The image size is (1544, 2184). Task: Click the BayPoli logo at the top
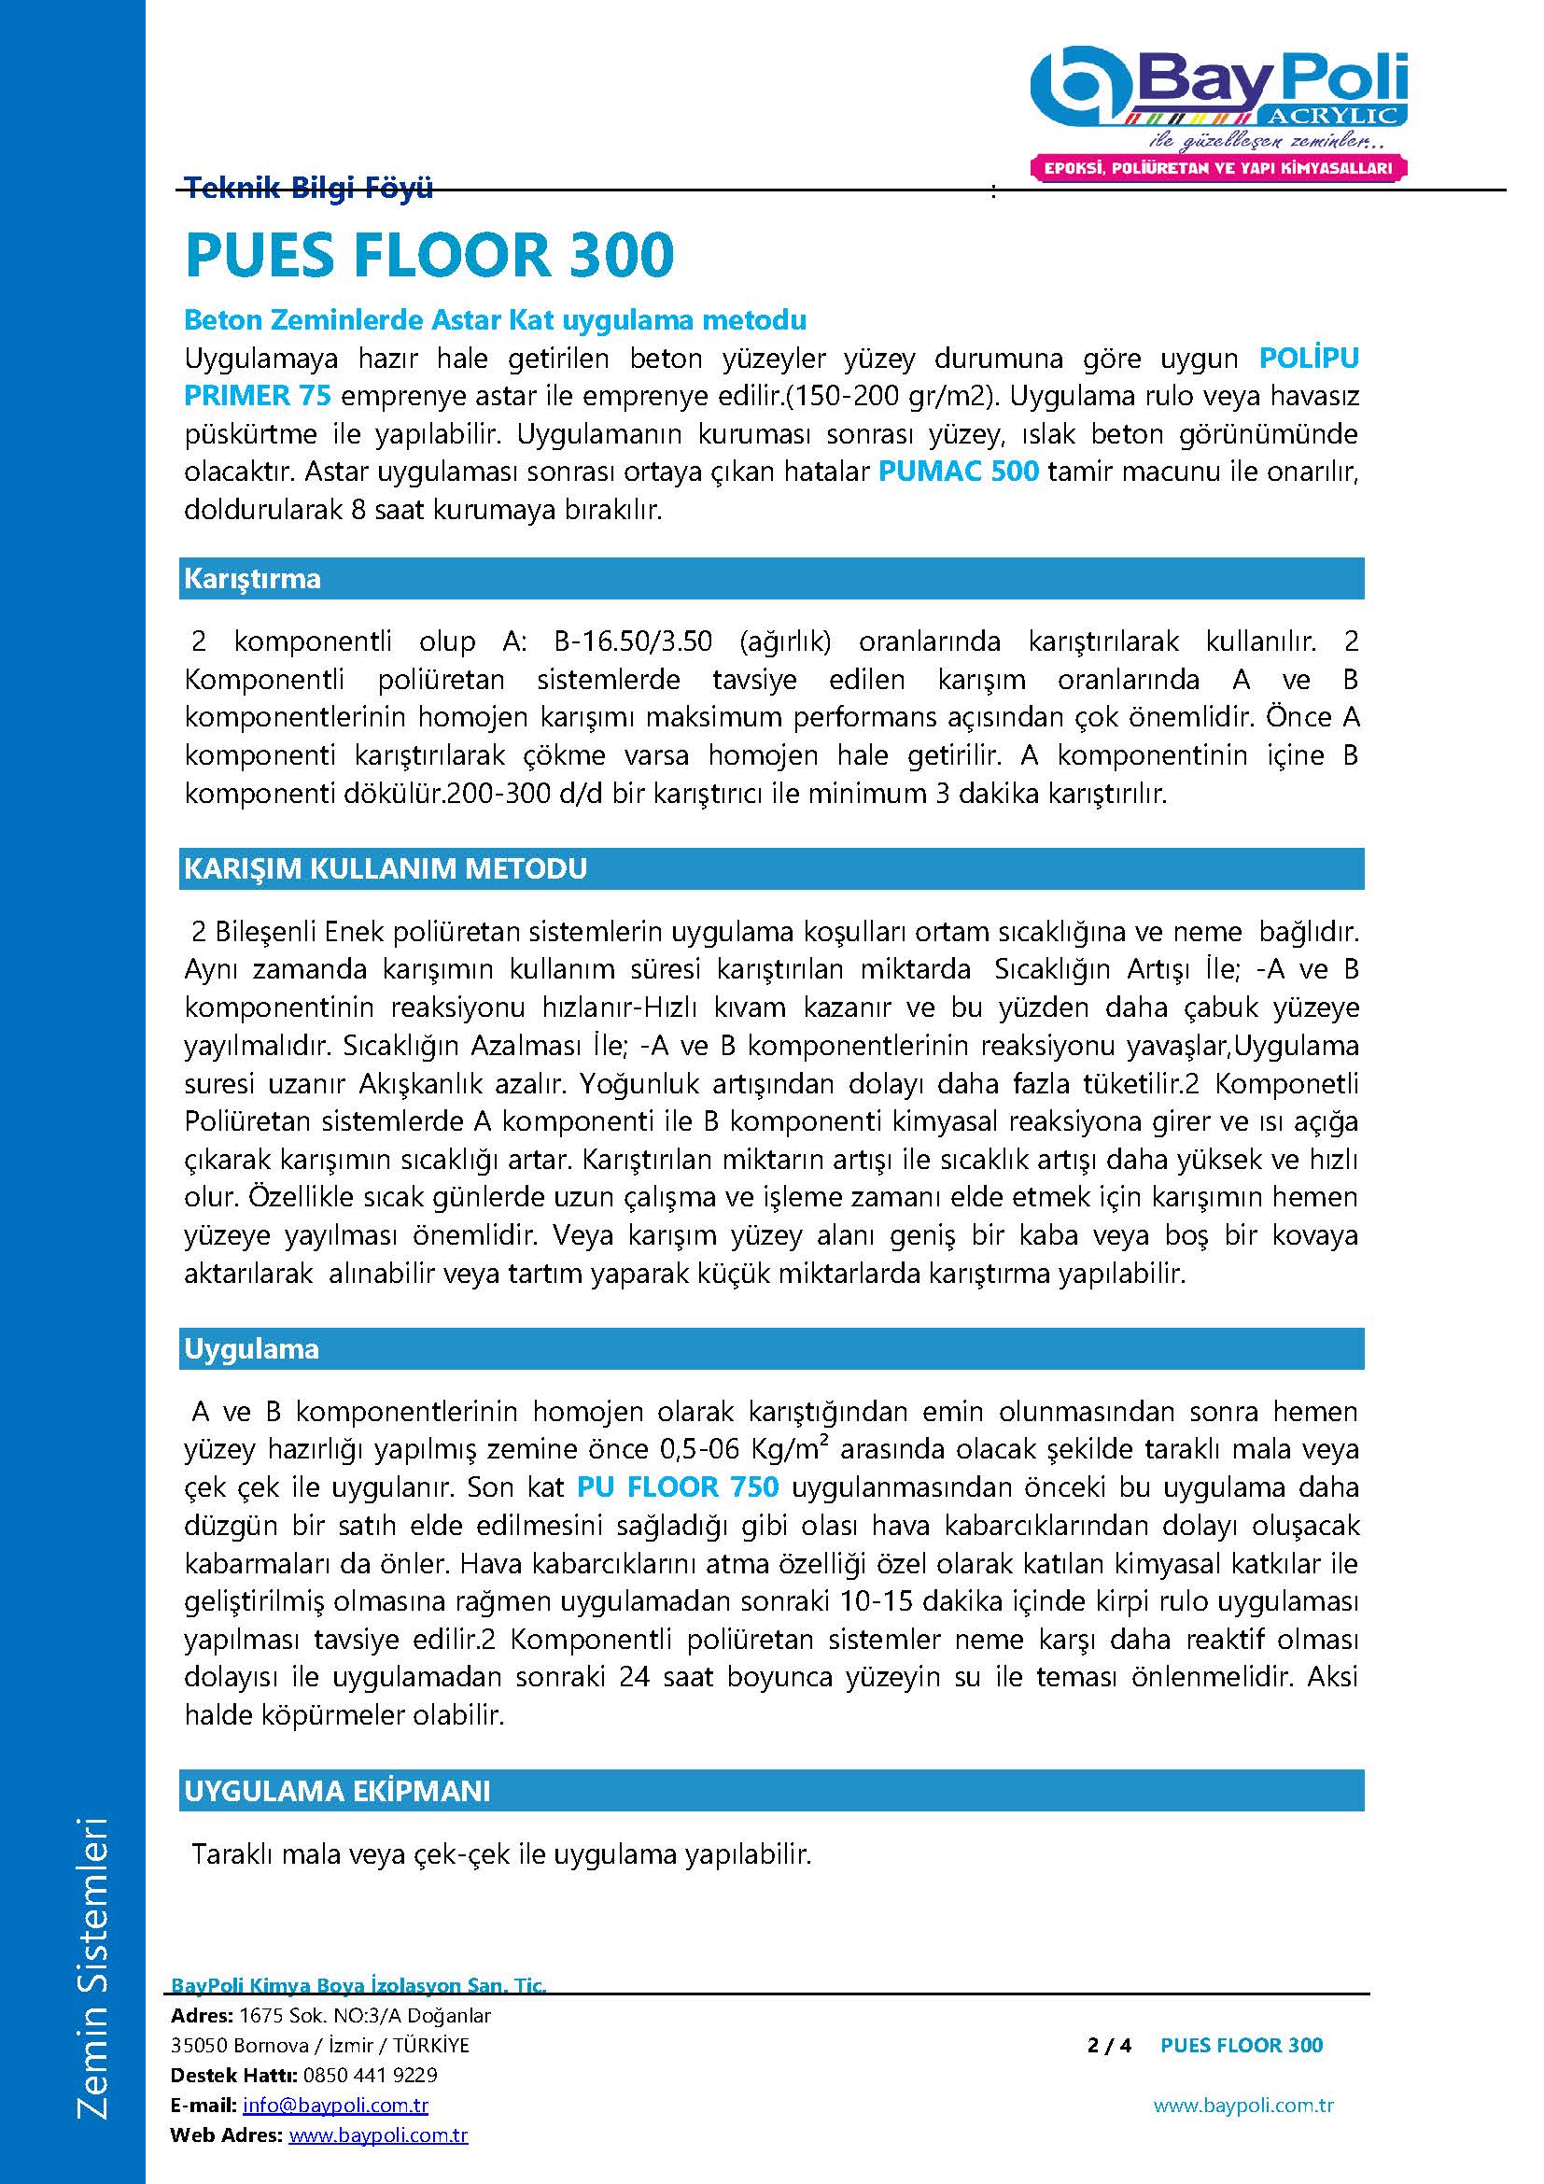coord(1219,92)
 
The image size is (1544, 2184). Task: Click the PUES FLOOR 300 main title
coord(429,254)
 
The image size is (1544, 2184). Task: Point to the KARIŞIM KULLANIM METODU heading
coord(385,868)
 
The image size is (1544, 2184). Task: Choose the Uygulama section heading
coord(252,1349)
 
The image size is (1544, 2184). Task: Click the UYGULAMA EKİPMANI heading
coord(338,1791)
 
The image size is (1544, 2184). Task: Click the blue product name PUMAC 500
coord(958,472)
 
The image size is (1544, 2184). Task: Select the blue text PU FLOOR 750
coord(678,1487)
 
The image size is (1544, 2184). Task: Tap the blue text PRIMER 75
coord(258,396)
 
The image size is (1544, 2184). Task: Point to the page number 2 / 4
coord(1109,2045)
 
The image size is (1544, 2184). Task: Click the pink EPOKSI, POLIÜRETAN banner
coord(1219,168)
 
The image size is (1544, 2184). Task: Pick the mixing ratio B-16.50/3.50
coord(632,641)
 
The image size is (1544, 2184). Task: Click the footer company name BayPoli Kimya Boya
coord(358,1985)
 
